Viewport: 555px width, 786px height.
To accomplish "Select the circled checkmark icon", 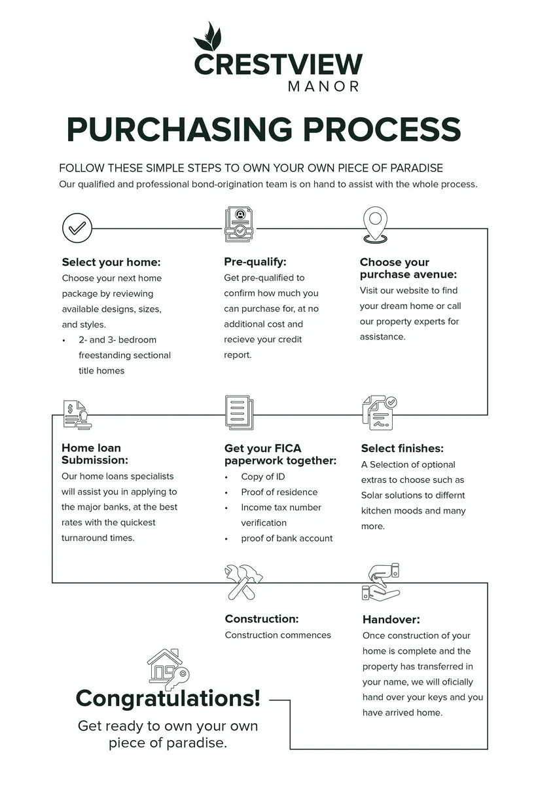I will coord(77,228).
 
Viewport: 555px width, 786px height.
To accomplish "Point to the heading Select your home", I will coord(111,262).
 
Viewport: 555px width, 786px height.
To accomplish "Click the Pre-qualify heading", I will coord(255,262).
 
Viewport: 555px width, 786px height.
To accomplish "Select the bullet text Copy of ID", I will coord(262,477).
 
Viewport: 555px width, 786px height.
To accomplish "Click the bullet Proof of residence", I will coord(279,492).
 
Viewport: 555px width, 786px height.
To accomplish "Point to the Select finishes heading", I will coord(402,449).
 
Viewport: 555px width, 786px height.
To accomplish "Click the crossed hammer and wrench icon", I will coord(243,582).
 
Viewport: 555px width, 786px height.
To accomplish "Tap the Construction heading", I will coord(262,619).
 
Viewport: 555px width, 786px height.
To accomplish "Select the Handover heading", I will coord(391,620).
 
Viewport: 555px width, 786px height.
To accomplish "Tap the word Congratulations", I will coord(168,698).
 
